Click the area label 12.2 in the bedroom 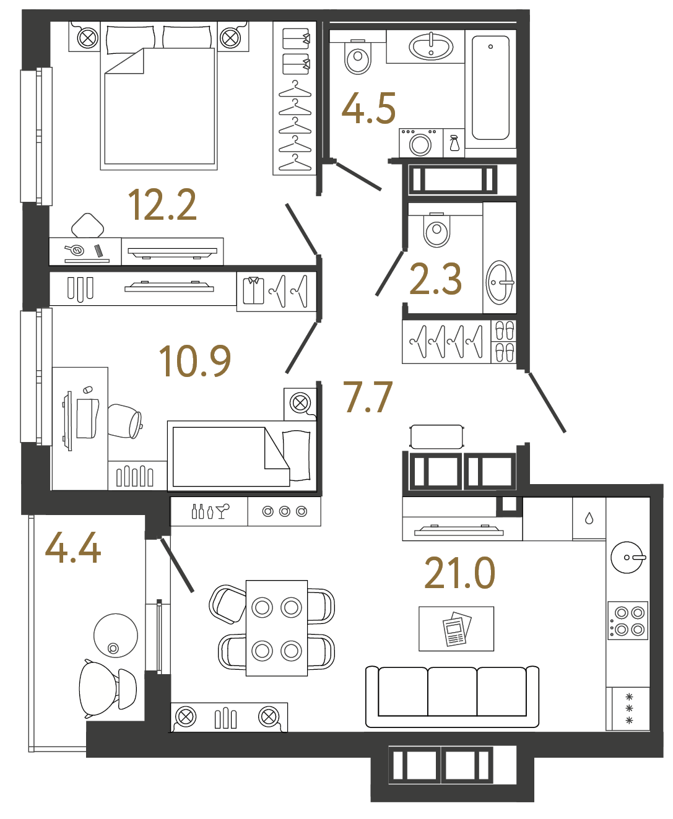click(162, 205)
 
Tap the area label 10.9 click(194, 362)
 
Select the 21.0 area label click(459, 573)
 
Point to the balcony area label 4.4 click(73, 548)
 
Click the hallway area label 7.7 click(368, 397)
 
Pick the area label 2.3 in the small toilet click(436, 280)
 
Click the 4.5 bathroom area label click(368, 109)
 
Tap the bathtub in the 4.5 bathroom click(490, 88)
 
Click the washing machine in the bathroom click(420, 144)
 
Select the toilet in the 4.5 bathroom click(357, 57)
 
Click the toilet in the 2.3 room click(436, 230)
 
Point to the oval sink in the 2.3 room click(500, 282)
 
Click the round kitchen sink click(627, 557)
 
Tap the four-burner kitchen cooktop click(627, 621)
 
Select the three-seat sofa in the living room click(452, 696)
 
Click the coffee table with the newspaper click(456, 629)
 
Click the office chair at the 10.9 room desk click(126, 421)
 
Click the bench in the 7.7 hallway click(436, 436)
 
